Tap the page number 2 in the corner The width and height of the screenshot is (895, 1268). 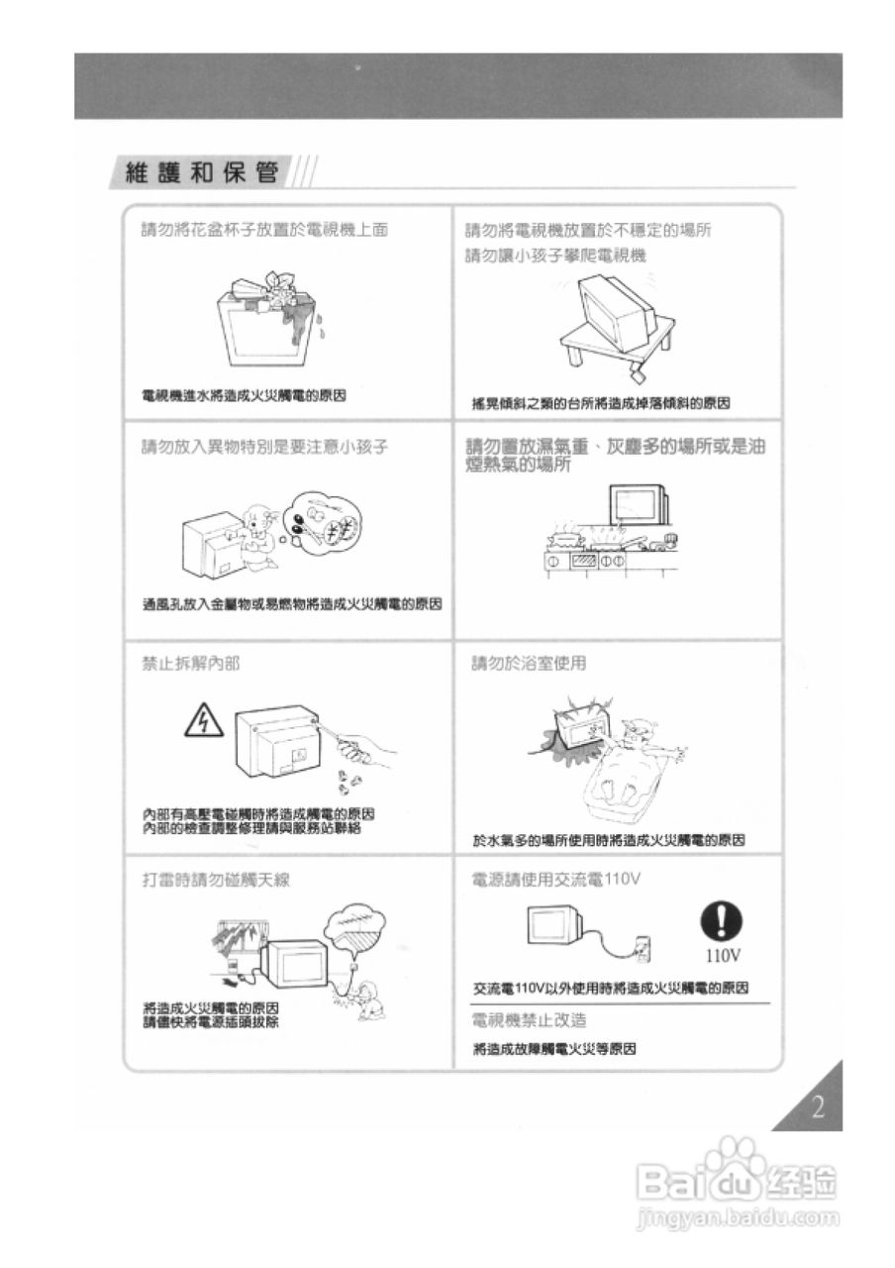click(817, 1108)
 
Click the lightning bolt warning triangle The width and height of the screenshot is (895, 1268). click(204, 722)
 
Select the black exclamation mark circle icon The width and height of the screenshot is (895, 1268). click(722, 922)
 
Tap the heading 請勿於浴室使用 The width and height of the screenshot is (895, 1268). click(529, 663)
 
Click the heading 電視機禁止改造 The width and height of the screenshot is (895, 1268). click(530, 1020)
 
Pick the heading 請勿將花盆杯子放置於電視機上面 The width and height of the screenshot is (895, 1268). click(264, 230)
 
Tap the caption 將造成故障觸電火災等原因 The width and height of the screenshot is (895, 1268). click(553, 1049)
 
